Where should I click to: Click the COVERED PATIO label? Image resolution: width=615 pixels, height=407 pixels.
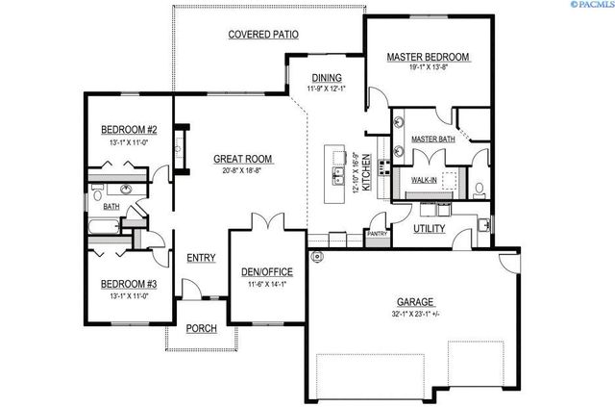click(x=261, y=35)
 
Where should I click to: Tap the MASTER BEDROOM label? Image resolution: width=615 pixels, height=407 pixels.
click(x=429, y=58)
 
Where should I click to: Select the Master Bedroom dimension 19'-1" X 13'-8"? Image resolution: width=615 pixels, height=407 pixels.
click(x=429, y=69)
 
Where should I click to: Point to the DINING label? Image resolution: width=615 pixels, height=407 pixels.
click(x=327, y=78)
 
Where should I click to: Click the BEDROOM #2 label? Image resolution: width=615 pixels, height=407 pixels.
click(x=131, y=130)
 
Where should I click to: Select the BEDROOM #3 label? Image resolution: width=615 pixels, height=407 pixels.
click(x=131, y=284)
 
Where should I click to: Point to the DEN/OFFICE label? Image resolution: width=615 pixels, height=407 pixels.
click(x=266, y=271)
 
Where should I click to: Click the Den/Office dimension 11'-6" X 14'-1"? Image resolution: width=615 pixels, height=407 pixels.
click(x=266, y=284)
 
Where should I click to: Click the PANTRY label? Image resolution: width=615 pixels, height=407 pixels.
click(x=377, y=233)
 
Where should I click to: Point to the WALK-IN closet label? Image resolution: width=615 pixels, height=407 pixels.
click(x=426, y=180)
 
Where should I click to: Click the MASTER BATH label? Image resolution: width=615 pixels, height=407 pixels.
click(x=432, y=140)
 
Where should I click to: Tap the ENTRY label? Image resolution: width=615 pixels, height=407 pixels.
click(x=201, y=258)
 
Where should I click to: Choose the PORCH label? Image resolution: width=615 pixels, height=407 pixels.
click(x=201, y=328)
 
